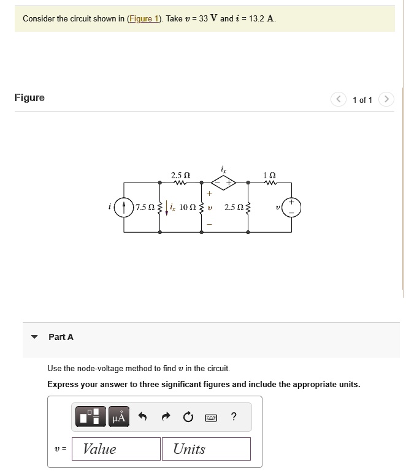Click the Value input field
(x=117, y=449)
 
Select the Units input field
(x=206, y=449)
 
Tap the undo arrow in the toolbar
(x=142, y=418)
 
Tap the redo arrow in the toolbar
(x=165, y=418)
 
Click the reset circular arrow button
(x=188, y=418)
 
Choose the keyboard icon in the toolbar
(x=211, y=418)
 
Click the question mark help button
(x=234, y=418)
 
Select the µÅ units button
(x=119, y=418)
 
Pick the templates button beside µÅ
(x=91, y=418)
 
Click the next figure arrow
(x=386, y=99)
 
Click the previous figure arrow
(x=339, y=99)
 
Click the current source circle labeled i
(x=124, y=207)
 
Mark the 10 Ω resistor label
(x=188, y=208)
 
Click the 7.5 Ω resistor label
(x=146, y=208)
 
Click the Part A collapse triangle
(x=35, y=337)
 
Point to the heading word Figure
(x=29, y=98)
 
